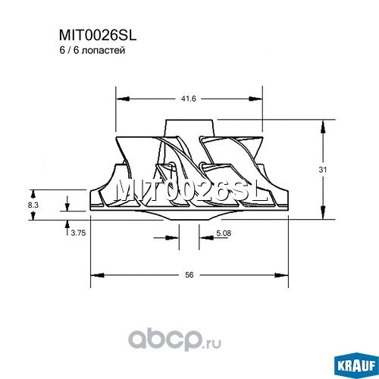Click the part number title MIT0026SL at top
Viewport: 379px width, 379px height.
coord(98,36)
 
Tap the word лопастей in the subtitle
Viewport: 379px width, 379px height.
coord(104,51)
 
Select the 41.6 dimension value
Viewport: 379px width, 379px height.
coord(188,99)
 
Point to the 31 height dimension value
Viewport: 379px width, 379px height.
coord(322,170)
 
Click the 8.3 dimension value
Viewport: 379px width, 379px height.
coord(33,205)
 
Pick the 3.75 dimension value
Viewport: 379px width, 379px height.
coord(78,233)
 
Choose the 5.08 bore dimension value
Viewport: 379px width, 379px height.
coord(224,233)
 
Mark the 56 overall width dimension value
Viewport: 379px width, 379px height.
coord(189,274)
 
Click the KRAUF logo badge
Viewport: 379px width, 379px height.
coord(356,365)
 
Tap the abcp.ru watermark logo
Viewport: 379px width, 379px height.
coord(175,340)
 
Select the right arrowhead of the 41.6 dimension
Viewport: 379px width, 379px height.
coord(255,99)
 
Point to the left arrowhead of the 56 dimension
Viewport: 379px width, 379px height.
coord(97,274)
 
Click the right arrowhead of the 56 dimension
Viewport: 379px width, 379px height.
coord(281,274)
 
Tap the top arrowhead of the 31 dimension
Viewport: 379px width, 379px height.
coord(323,127)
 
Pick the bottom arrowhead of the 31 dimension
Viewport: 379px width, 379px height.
coord(323,212)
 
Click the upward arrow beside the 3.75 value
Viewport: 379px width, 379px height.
coord(67,228)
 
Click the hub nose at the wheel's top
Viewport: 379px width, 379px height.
coord(189,128)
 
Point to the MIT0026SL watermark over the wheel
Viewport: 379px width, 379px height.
coord(191,191)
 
